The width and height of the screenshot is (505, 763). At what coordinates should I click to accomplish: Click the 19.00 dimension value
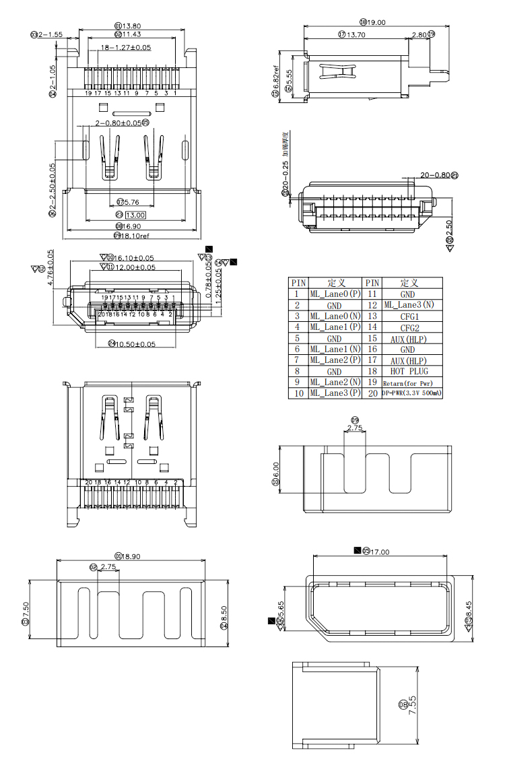click(376, 22)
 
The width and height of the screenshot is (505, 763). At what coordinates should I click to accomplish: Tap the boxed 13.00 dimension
click(136, 215)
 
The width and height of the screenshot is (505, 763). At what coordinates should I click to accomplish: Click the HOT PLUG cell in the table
click(409, 371)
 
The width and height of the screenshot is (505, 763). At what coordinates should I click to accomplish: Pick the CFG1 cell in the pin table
click(409, 317)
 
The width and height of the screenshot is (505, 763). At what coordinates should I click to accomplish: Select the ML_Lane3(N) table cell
click(409, 305)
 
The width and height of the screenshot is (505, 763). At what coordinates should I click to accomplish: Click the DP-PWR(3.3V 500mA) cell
click(412, 393)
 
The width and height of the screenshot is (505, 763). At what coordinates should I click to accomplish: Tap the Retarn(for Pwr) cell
click(411, 383)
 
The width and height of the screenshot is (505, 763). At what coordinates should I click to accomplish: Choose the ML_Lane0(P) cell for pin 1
click(335, 294)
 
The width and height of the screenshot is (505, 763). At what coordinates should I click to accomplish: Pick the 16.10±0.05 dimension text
click(135, 257)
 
